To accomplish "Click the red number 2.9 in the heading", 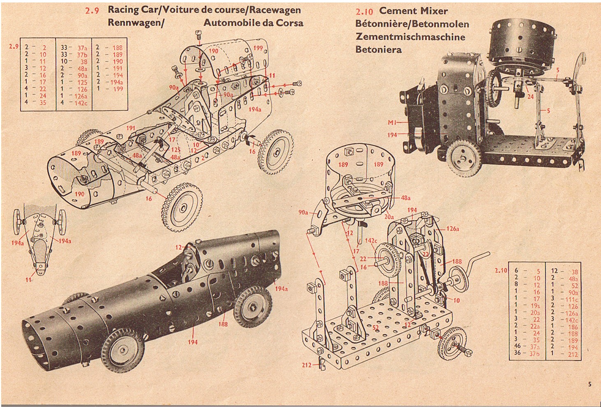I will (x=92, y=11).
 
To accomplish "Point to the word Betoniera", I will (x=379, y=50).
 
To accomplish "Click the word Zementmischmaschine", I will (x=410, y=37).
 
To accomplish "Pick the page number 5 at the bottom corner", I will (x=589, y=384).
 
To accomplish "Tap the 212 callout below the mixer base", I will (x=307, y=365).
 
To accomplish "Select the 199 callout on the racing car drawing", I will (x=258, y=48).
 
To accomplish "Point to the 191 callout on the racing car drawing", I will (x=131, y=128).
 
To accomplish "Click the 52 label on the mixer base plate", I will (x=375, y=328).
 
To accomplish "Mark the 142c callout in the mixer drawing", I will (x=371, y=240).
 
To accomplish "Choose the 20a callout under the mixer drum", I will (x=389, y=217).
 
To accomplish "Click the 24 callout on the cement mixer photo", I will (x=530, y=97).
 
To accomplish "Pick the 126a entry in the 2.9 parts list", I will (x=81, y=96).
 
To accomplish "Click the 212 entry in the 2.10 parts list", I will (x=573, y=354).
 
